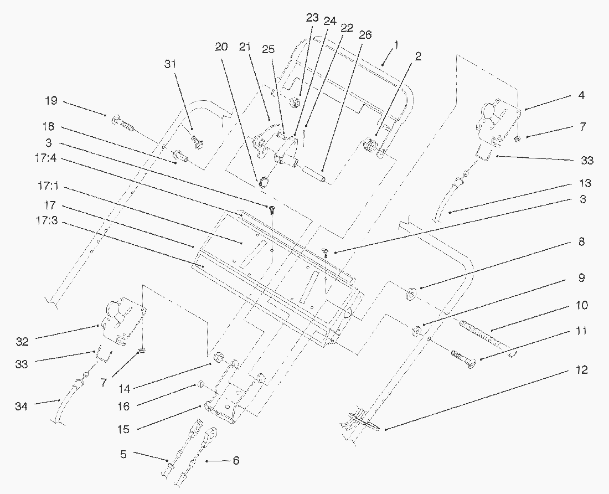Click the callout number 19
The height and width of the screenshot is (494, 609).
point(51,102)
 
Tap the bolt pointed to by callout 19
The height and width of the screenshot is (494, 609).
point(123,122)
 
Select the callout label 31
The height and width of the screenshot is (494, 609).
point(171,64)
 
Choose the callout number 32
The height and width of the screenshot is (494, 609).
point(22,342)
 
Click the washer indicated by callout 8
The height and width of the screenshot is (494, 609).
point(412,294)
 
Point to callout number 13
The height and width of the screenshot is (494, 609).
point(585,183)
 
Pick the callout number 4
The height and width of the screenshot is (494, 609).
point(581,95)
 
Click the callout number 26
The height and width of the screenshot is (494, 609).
point(365,35)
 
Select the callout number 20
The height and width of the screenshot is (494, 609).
point(221,47)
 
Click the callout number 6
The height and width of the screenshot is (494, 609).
point(236,460)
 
